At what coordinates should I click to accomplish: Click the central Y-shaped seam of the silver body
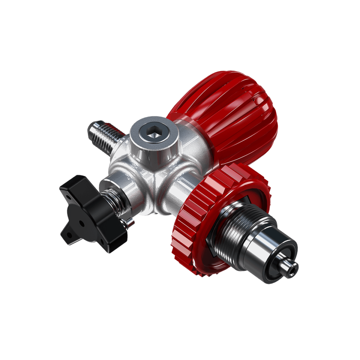pyautogui.click(x=154, y=173)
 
